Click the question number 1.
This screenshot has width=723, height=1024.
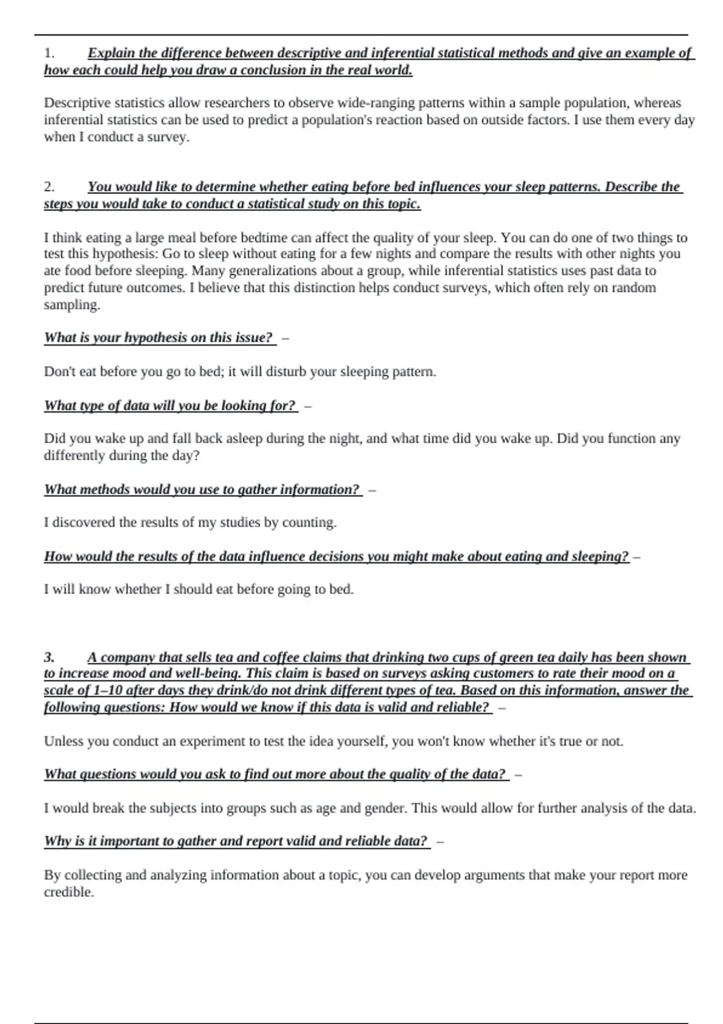(49, 53)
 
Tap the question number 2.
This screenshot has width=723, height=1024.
(49, 187)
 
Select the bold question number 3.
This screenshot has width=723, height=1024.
(49, 657)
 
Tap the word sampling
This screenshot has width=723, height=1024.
(72, 305)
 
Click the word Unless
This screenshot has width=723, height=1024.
(63, 741)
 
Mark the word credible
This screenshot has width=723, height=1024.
(69, 892)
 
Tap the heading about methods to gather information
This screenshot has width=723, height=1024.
(202, 489)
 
